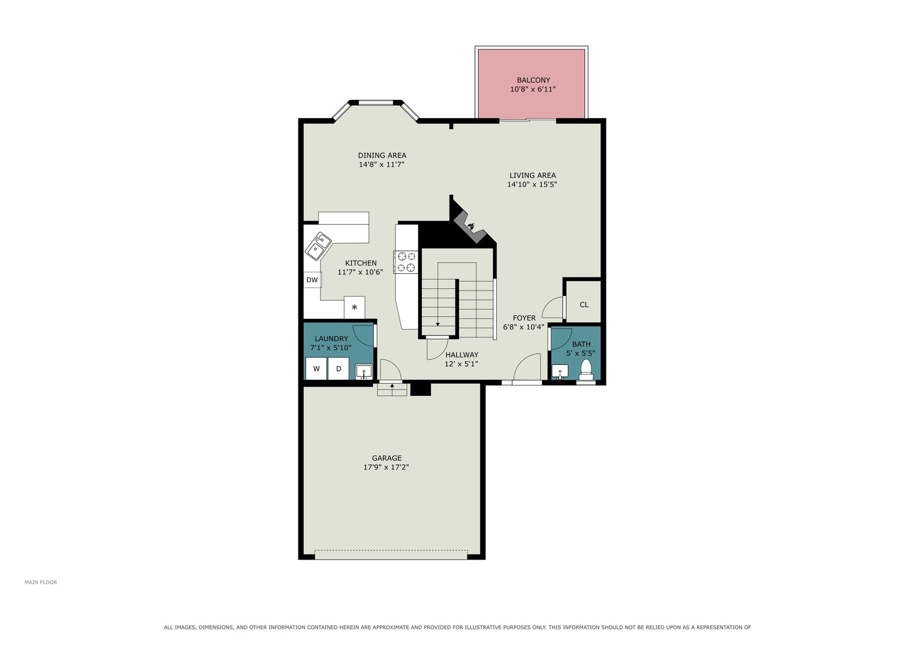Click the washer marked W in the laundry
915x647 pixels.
click(316, 369)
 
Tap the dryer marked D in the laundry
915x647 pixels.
click(339, 369)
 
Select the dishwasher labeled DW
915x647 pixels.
click(312, 280)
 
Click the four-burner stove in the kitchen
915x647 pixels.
click(406, 262)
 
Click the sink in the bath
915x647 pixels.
click(560, 371)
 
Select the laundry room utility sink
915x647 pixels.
click(364, 371)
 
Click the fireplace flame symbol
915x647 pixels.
click(472, 225)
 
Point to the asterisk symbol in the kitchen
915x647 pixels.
click(355, 307)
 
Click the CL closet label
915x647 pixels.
click(584, 305)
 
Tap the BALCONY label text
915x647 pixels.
click(533, 80)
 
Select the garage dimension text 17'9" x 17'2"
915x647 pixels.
click(386, 467)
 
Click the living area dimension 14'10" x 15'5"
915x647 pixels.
click(532, 185)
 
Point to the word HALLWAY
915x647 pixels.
click(462, 355)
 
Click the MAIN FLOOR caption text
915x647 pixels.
click(41, 582)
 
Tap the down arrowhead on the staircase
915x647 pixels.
click(437, 324)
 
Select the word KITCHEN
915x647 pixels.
click(361, 263)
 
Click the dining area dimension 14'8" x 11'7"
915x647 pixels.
click(382, 165)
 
